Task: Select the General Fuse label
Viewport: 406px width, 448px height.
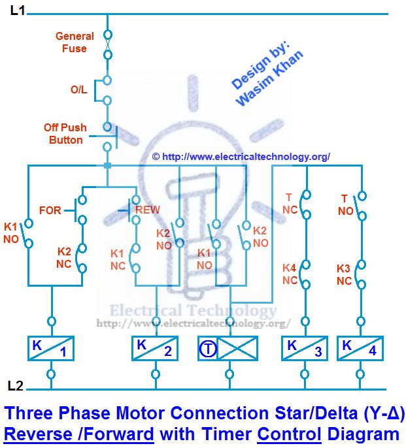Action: (x=74, y=42)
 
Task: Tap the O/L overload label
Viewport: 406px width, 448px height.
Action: (x=79, y=90)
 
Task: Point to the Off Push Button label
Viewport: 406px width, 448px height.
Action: (x=65, y=134)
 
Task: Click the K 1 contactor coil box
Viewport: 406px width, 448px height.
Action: (x=51, y=349)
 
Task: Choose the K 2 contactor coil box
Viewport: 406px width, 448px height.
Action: (x=155, y=349)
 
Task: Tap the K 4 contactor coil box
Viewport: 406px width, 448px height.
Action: (x=360, y=349)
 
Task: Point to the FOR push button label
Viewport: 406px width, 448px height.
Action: (x=50, y=211)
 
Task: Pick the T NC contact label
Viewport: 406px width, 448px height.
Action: (x=289, y=204)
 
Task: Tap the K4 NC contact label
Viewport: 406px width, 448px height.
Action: (x=290, y=274)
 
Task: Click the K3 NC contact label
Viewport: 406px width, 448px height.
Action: (x=345, y=275)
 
